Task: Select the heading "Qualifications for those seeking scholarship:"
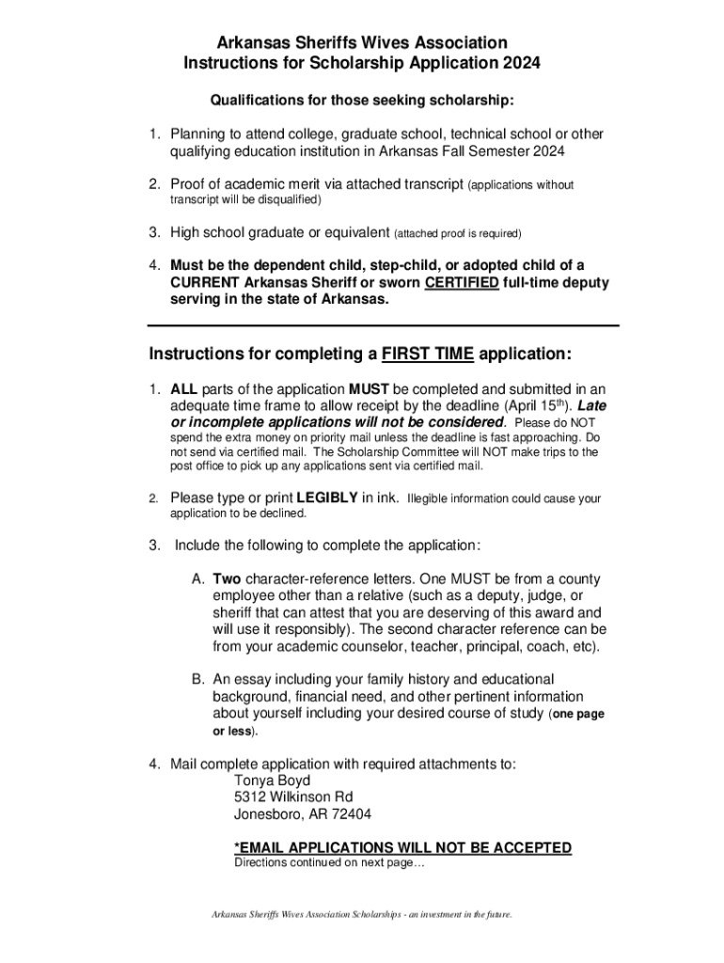tap(361, 100)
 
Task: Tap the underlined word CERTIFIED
tap(462, 282)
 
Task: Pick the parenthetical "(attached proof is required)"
tap(457, 232)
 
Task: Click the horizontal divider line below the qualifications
tap(384, 325)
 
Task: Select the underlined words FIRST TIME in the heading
tap(428, 355)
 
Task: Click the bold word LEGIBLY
tap(327, 497)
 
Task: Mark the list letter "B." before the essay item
tap(198, 679)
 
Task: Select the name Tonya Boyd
tap(272, 781)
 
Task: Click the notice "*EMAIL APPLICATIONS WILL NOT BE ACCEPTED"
tap(402, 847)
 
